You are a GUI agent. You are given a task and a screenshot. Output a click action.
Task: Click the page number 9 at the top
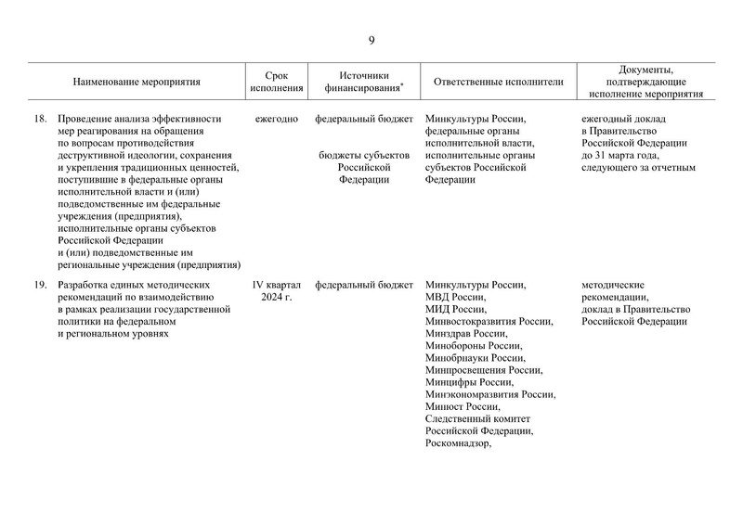point(371,40)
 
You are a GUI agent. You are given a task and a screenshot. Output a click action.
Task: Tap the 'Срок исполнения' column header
point(276,82)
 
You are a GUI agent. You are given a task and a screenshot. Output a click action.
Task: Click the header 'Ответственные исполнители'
point(498,82)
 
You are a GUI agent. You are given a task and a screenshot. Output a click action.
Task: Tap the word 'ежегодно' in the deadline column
point(276,119)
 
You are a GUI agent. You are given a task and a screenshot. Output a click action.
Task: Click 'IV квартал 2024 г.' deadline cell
point(276,290)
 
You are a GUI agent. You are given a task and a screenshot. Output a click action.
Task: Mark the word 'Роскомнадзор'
point(456,442)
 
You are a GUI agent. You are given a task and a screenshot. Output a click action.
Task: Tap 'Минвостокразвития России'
point(489,321)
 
